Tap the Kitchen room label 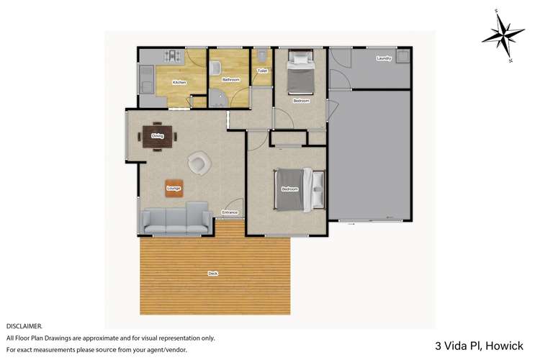tap(179, 83)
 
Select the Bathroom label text tap(230, 79)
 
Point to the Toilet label tap(262, 71)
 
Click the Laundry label tap(383, 58)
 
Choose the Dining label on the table tap(157, 135)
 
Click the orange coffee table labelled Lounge tap(174, 188)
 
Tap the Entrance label tap(230, 212)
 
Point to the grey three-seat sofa tap(176, 219)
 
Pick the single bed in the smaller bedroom tap(300, 75)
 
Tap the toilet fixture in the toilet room tap(263, 55)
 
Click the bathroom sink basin tap(215, 68)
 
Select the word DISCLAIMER tap(24, 326)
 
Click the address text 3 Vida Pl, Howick tap(485, 345)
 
